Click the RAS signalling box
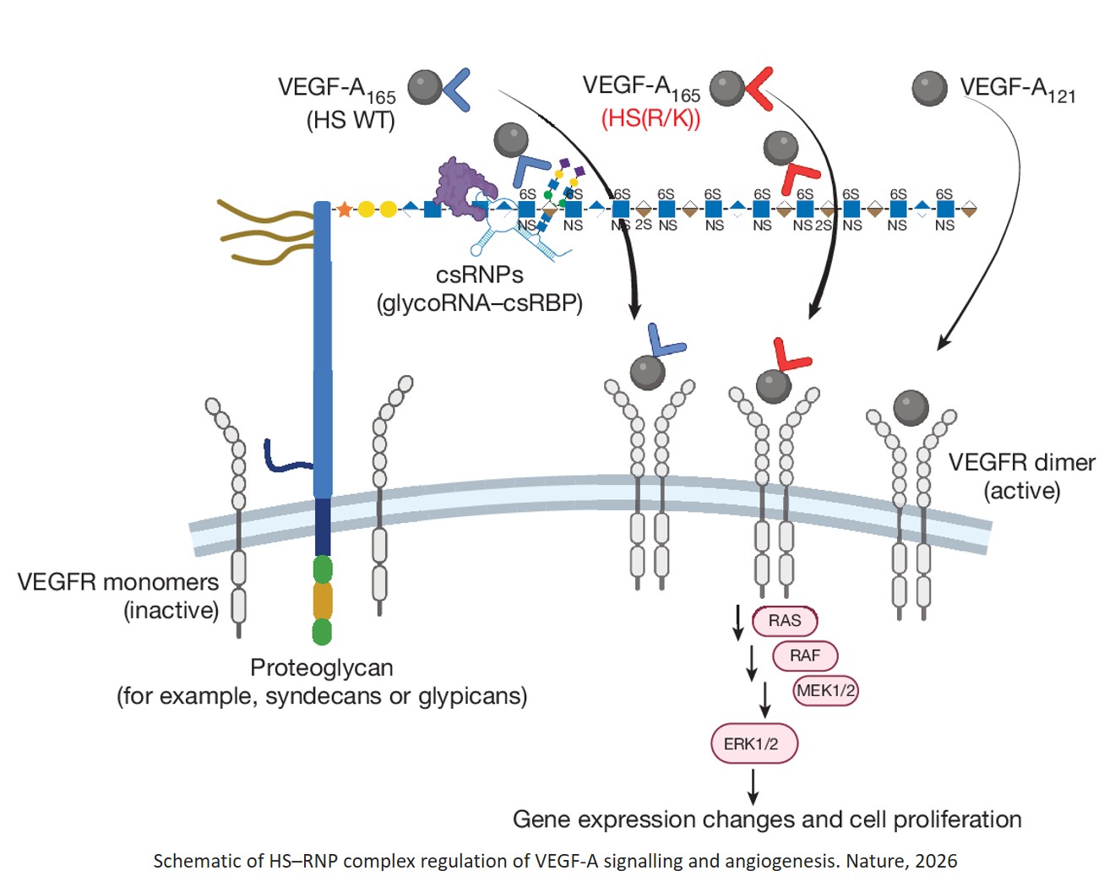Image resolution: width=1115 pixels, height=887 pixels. [785, 621]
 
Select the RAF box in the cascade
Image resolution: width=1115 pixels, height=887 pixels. [805, 656]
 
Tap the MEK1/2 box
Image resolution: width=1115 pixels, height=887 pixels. [825, 690]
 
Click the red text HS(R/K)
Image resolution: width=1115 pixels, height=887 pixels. [650, 118]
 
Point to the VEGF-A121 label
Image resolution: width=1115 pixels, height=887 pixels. [1017, 89]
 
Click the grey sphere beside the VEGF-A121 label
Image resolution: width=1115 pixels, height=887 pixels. [929, 89]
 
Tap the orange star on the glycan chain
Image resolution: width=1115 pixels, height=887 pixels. [344, 210]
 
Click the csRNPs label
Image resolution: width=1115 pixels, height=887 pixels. [479, 275]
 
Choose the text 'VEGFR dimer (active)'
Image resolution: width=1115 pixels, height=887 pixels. [1021, 476]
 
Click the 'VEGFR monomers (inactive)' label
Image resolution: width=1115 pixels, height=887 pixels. [118, 596]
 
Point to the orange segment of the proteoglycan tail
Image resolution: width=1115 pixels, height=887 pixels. [322, 601]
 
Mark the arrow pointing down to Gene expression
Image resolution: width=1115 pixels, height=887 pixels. [753, 787]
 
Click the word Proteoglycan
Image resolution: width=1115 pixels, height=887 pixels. [322, 667]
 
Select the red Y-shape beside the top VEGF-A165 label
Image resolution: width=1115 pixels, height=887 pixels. [758, 88]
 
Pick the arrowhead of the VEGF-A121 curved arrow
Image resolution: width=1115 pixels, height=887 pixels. [944, 343]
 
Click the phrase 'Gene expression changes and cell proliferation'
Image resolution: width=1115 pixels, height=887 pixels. [767, 819]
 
